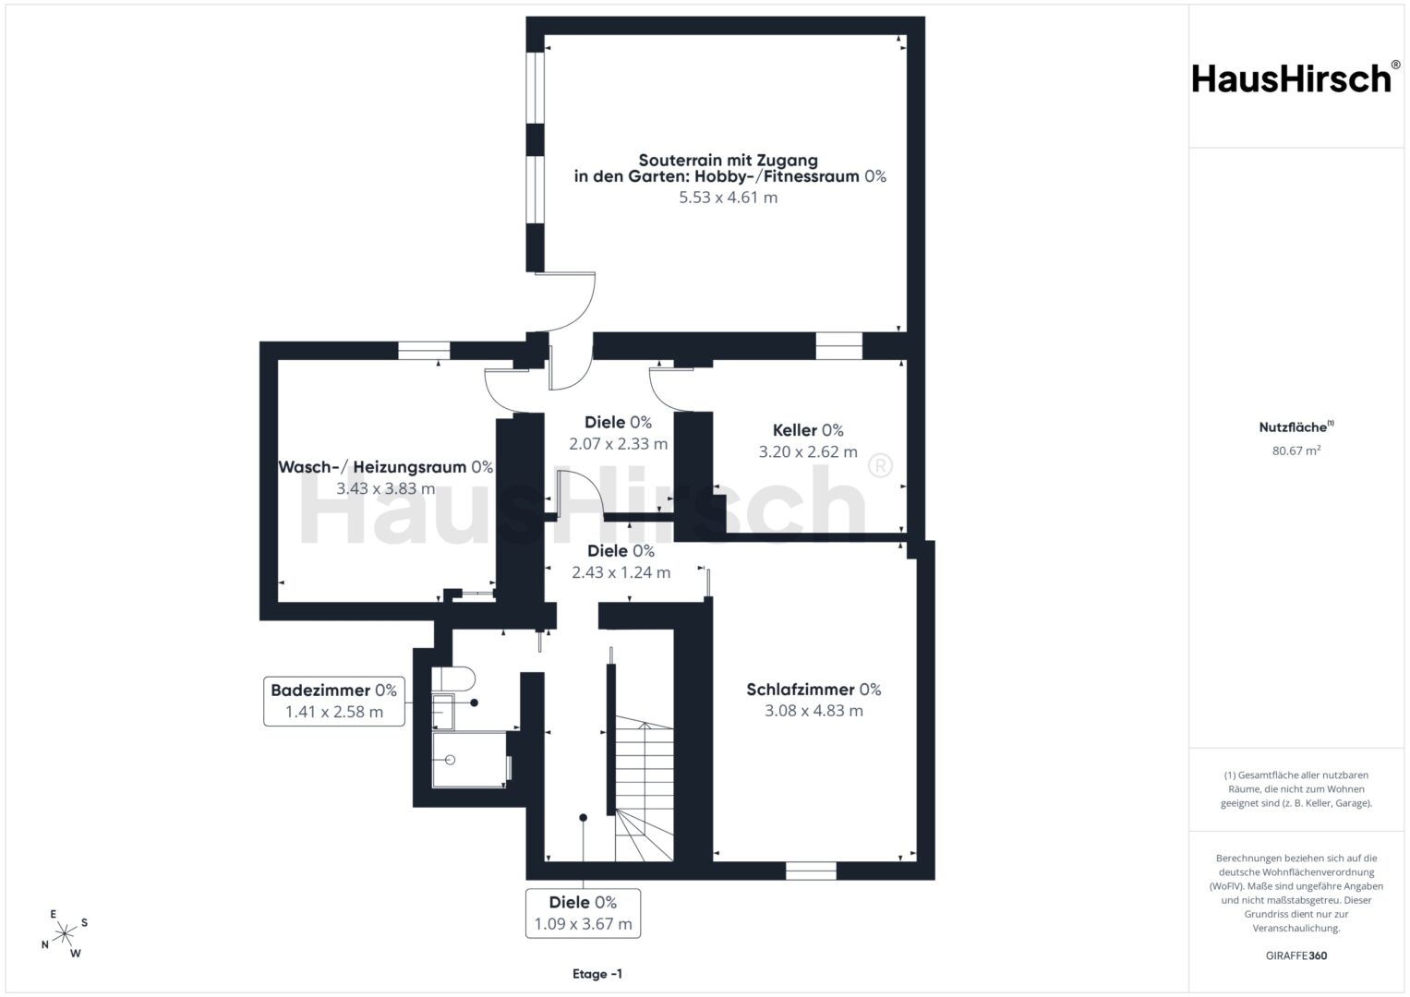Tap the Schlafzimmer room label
pyautogui.click(x=813, y=690)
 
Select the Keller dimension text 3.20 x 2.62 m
pyautogui.click(x=808, y=451)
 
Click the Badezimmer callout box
pyautogui.click(x=333, y=702)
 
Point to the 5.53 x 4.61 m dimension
pyautogui.click(x=728, y=197)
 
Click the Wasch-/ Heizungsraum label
pyautogui.click(x=385, y=467)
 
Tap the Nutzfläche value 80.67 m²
pyautogui.click(x=1296, y=450)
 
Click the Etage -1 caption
pyautogui.click(x=597, y=974)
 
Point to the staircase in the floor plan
pyautogui.click(x=644, y=792)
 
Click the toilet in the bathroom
pyautogui.click(x=453, y=679)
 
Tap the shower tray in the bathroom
pyautogui.click(x=469, y=759)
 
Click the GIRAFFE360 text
pyautogui.click(x=1296, y=955)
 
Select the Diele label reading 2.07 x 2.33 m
pyautogui.click(x=618, y=432)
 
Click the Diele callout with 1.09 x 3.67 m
pyautogui.click(x=583, y=913)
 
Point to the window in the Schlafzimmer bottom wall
pyautogui.click(x=811, y=871)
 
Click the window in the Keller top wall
pyautogui.click(x=838, y=346)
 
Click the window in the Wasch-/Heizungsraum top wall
pyautogui.click(x=424, y=350)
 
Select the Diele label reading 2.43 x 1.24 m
pyautogui.click(x=621, y=561)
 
